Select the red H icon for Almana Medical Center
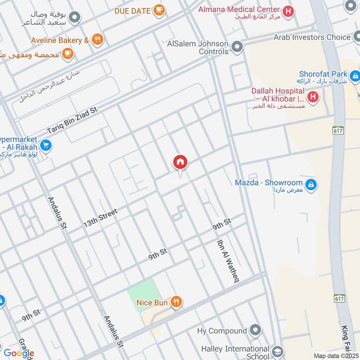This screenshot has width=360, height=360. pos(288,10)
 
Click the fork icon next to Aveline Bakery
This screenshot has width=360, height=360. pos(97,40)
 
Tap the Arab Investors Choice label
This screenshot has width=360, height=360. pos(312,37)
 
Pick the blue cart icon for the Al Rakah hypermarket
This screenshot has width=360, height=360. pos(45,145)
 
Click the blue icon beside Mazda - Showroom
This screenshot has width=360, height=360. pos(310,184)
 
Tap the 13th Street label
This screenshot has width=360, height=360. pos(100,217)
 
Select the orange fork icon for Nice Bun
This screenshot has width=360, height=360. pos(176,303)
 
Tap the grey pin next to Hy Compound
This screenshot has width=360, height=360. pos(255,331)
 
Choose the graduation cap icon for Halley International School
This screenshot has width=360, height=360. pos(277,350)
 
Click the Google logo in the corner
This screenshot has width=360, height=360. pos(19,353)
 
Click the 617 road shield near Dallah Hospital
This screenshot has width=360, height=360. pos(339,130)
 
